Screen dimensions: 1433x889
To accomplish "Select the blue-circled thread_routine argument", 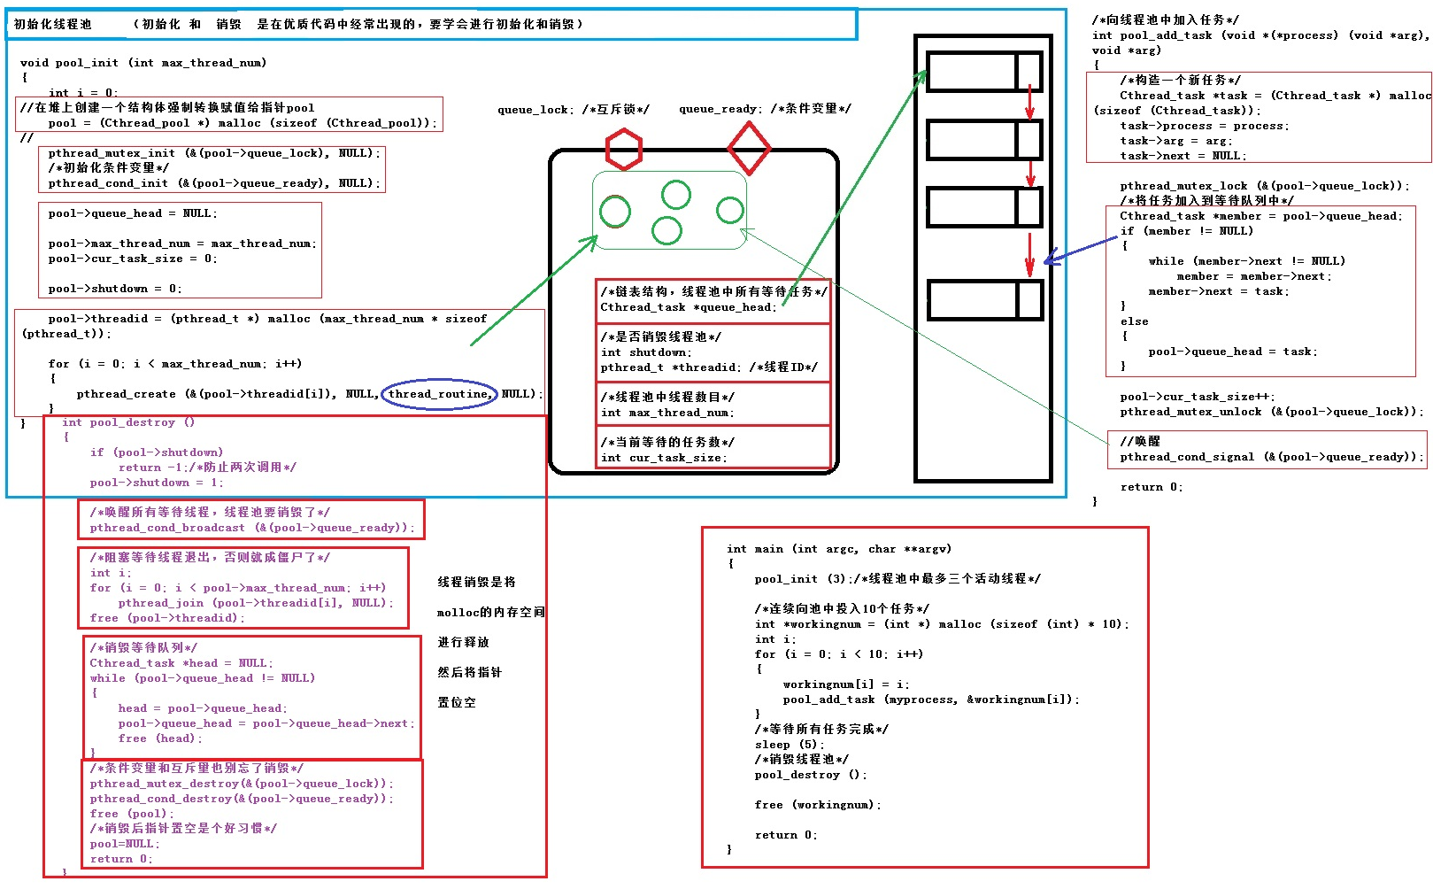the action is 439,394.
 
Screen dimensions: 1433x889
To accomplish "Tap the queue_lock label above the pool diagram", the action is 574,110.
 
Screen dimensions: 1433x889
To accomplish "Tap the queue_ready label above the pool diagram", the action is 765,109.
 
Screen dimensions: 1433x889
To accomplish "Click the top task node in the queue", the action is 984,71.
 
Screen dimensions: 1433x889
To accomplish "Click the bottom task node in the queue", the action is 984,299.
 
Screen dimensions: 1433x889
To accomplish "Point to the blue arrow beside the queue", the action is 1080,251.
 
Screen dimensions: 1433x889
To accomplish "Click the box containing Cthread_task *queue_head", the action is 713,301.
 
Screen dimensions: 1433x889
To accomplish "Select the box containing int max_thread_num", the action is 713,404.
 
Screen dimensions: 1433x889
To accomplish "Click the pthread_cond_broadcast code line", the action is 252,528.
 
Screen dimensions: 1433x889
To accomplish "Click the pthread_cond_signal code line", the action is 1273,457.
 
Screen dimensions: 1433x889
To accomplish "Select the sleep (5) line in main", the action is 790,745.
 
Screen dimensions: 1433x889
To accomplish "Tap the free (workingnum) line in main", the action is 818,805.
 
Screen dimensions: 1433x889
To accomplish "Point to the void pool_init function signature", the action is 143,63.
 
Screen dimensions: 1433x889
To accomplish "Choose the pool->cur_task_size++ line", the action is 1198,397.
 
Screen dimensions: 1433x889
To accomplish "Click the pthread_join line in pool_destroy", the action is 255,603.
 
